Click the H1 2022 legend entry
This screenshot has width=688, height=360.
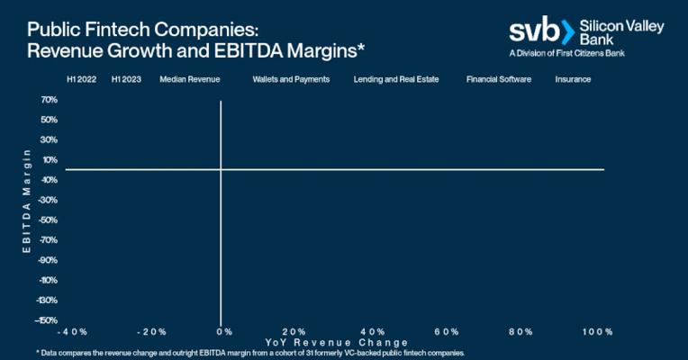[81, 79]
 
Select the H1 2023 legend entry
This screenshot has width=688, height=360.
[126, 79]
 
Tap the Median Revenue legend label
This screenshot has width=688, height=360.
[190, 79]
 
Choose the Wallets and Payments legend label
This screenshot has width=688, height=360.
[291, 79]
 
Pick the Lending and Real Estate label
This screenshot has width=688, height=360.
[396, 79]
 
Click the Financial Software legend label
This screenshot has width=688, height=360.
[499, 79]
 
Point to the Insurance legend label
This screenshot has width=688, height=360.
[573, 79]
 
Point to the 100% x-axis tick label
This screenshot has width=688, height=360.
[597, 332]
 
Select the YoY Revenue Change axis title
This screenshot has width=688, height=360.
[336, 343]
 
